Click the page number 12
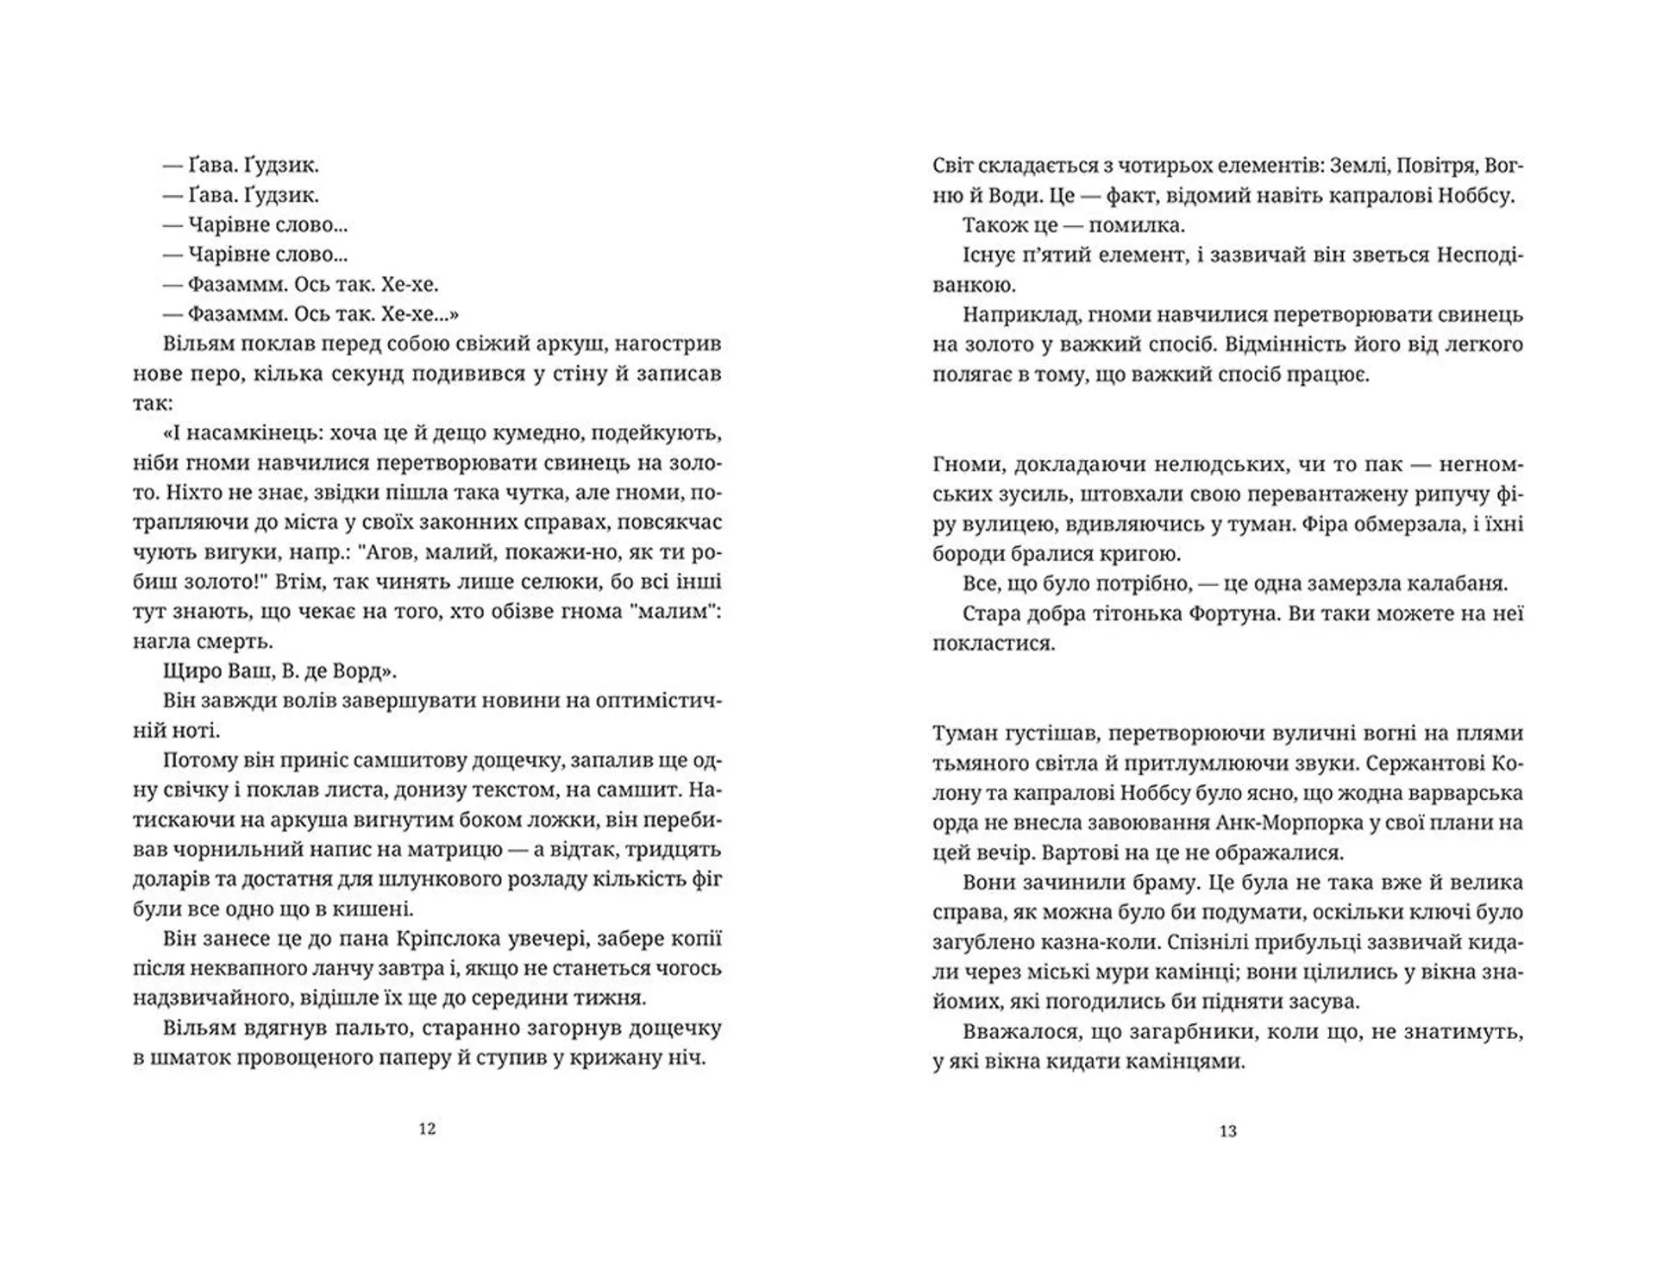click(427, 1129)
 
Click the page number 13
click(1228, 1131)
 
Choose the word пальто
click(316, 1029)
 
